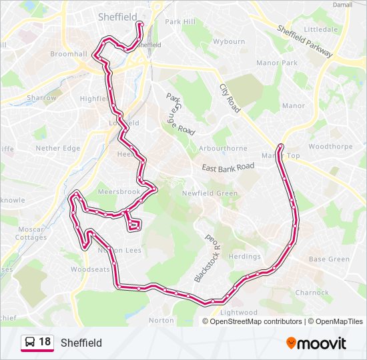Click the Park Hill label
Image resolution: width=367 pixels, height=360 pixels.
coord(180,22)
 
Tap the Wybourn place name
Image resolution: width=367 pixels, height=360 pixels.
coord(229,41)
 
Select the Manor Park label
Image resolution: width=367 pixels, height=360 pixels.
coord(277,63)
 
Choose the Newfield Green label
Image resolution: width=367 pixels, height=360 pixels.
coord(210,193)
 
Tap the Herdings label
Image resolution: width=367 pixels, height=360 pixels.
coord(244,257)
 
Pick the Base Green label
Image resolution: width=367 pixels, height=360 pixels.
coord(329,259)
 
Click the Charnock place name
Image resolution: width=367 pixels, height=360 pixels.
coord(312,293)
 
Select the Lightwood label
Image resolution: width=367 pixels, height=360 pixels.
coord(238,313)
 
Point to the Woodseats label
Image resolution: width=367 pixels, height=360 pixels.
coord(91,270)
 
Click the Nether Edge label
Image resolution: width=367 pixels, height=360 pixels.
coord(57,149)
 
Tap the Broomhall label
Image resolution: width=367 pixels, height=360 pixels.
coord(69,53)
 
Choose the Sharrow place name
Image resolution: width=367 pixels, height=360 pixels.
coord(42,98)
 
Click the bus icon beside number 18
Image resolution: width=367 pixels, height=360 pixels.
coord(30,343)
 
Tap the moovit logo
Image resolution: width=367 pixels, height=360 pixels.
coord(316,343)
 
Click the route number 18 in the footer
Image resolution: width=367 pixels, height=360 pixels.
coord(45,342)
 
